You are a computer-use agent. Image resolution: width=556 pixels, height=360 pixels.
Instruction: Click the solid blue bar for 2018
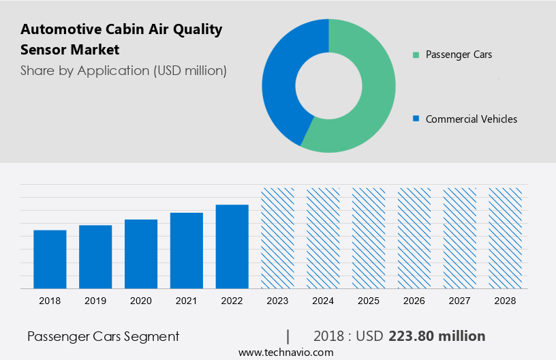pos(50,259)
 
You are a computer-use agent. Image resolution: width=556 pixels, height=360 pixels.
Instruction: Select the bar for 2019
pos(95,256)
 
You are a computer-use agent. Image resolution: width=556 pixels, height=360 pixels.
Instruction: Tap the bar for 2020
pos(141,254)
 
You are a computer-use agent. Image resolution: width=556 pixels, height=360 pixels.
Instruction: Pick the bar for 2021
pos(187,250)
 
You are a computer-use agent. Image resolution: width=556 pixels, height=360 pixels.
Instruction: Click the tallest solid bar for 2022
pos(232,246)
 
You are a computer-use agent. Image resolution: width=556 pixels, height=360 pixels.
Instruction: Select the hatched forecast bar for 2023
pos(278,238)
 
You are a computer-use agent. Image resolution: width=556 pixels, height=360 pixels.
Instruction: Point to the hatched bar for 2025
pos(369,238)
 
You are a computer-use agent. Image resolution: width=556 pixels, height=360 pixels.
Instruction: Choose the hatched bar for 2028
pos(506,238)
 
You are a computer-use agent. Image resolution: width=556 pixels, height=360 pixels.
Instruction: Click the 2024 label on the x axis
pos(323,301)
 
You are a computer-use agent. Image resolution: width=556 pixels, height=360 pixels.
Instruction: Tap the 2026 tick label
pos(414,301)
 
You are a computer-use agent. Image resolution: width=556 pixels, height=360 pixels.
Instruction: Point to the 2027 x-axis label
pos(460,301)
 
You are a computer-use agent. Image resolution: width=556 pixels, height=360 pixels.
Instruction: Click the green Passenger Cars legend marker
pos(416,55)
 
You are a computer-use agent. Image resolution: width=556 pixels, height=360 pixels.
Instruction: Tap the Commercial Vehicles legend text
pos(471,119)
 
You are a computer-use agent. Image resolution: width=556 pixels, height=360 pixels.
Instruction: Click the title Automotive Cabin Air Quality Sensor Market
pos(121,40)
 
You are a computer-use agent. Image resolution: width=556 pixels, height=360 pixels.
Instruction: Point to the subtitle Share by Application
pos(123,70)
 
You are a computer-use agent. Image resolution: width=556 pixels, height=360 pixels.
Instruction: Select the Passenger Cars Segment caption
pos(103,336)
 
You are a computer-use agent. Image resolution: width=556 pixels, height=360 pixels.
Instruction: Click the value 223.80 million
pos(437,336)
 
